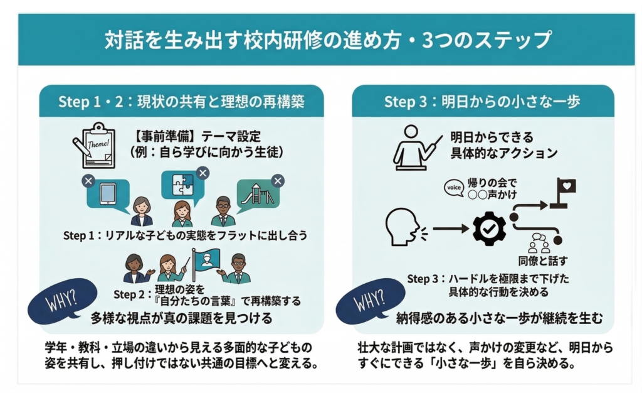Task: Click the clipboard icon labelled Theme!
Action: (94, 146)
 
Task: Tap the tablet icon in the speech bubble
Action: (108, 193)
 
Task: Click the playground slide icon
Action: (258, 194)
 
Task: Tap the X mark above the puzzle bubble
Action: (203, 173)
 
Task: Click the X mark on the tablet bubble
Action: (88, 181)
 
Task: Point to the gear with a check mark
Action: (489, 229)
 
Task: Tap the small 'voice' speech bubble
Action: (454, 188)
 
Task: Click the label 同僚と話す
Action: (543, 261)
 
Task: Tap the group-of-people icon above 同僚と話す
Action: (539, 243)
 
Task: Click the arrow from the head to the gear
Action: (451, 229)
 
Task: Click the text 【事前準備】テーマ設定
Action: (197, 136)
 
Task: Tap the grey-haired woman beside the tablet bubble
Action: (141, 212)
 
